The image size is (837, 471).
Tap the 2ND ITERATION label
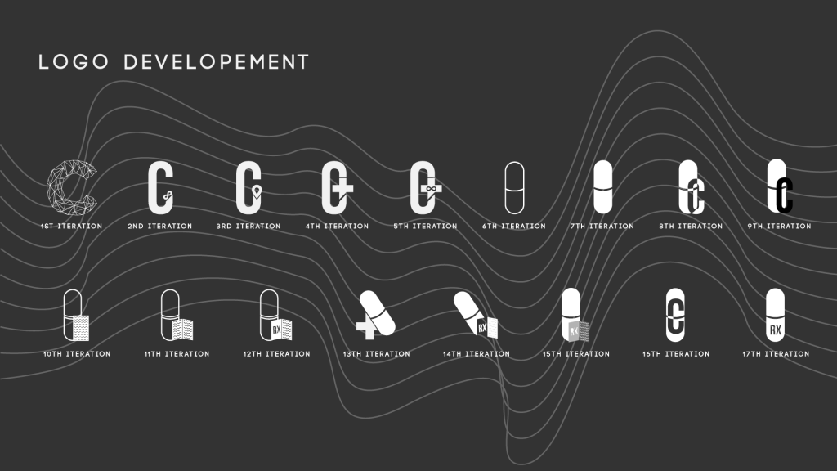pyautogui.click(x=160, y=227)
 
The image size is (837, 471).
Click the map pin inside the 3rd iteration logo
pyautogui.click(x=257, y=192)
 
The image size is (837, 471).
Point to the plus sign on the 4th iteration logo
pyautogui.click(x=345, y=189)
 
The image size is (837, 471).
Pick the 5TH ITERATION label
pyautogui.click(x=425, y=227)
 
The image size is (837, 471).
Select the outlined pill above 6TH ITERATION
pyautogui.click(x=514, y=188)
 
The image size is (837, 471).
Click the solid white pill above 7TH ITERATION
pyautogui.click(x=602, y=187)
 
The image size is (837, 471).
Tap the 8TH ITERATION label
pyautogui.click(x=691, y=227)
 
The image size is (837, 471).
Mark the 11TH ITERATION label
pyautogui.click(x=177, y=354)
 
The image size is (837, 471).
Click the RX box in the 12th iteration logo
pyautogui.click(x=276, y=330)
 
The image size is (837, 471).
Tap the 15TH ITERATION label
pyautogui.click(x=576, y=354)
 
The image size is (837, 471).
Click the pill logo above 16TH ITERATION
pyautogui.click(x=675, y=314)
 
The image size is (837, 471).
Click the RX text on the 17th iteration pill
pyautogui.click(x=775, y=330)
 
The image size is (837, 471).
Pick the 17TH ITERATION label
pyautogui.click(x=776, y=354)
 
